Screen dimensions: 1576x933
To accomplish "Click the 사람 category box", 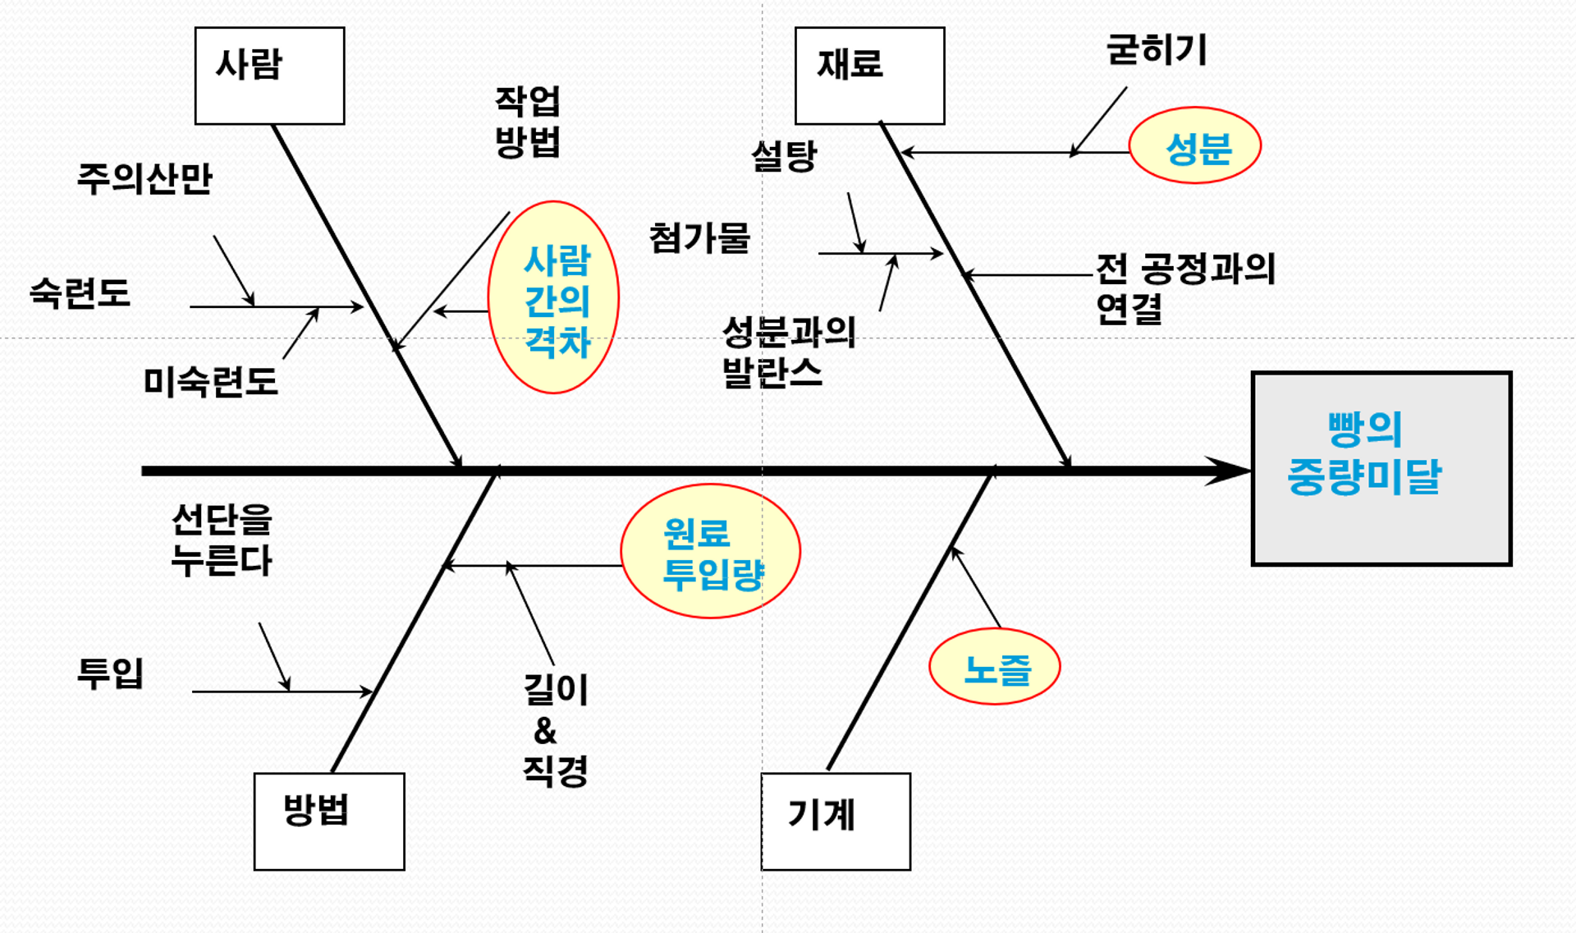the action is [x=269, y=76].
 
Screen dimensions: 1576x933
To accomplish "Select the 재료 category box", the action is [x=869, y=76].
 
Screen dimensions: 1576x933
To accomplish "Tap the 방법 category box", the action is [x=329, y=820].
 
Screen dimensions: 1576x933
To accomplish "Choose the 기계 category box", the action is [x=836, y=820].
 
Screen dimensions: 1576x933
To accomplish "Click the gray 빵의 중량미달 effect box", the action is [x=1381, y=468].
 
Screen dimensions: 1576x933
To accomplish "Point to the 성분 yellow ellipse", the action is [x=1195, y=145].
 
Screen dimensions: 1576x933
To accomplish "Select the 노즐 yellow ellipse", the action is [x=995, y=666].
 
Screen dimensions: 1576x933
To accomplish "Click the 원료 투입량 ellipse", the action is [x=711, y=551].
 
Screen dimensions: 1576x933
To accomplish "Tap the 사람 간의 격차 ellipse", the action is [x=554, y=297].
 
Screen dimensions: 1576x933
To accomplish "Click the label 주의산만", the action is [x=144, y=178].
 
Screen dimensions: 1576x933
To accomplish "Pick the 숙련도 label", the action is [x=80, y=292].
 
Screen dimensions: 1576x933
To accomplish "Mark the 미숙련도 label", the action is [x=210, y=381].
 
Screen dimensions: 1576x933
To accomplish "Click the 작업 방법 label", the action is [x=527, y=122].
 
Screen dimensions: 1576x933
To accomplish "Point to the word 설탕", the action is [x=784, y=155].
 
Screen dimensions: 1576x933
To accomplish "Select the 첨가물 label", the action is [x=699, y=238].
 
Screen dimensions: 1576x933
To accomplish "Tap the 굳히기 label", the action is [x=1157, y=50].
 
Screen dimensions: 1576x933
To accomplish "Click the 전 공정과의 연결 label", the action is [x=1185, y=288].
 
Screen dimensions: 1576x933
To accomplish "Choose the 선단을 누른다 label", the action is [x=222, y=540].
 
